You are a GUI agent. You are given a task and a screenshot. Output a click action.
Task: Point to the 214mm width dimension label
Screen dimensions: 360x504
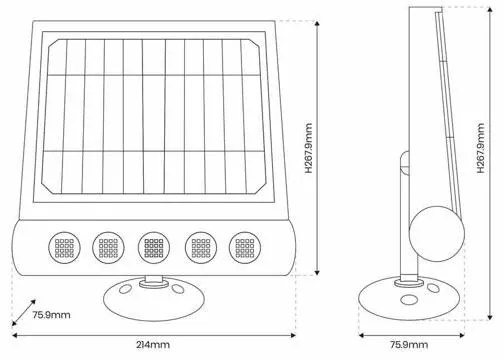(155, 344)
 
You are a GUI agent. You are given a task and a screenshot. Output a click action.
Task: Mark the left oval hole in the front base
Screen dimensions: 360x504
(125, 291)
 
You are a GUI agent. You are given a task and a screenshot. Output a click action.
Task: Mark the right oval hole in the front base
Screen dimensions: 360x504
(181, 291)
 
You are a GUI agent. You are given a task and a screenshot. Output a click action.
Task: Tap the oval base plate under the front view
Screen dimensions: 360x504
(153, 298)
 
